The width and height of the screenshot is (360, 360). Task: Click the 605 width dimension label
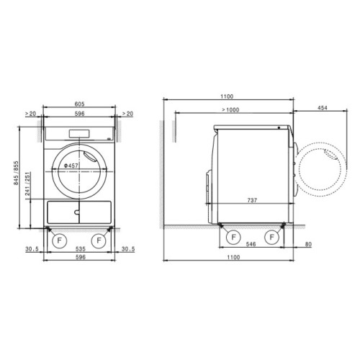point(79,104)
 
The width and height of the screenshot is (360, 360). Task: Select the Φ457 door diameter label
point(71,166)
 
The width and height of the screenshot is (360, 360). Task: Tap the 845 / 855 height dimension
point(16,173)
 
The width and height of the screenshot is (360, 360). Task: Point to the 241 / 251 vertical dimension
point(28,184)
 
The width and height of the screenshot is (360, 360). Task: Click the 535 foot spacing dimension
point(81,249)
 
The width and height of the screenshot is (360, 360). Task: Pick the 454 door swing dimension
point(323,108)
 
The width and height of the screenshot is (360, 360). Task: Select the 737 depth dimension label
point(252,200)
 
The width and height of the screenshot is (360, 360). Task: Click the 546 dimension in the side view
point(251,244)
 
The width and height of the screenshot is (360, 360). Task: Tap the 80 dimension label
point(308,244)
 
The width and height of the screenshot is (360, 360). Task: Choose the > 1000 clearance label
point(230,110)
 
